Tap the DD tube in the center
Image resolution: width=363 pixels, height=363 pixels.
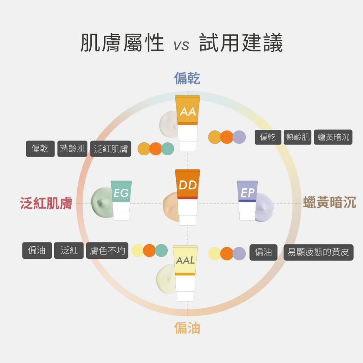188,193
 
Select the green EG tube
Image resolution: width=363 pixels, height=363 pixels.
121,199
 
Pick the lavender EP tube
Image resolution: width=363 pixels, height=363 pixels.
247,199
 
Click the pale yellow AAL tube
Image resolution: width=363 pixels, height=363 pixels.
185,271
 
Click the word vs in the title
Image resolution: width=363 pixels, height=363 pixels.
181,45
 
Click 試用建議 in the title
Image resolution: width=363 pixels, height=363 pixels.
241,43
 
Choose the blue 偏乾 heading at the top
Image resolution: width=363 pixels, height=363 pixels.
187,78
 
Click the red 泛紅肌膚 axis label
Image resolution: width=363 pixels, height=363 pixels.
46,203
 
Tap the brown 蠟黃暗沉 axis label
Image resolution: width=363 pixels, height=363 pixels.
330,203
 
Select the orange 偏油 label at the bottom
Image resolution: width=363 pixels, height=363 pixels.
187,328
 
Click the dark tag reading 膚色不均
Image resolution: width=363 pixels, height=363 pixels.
107,251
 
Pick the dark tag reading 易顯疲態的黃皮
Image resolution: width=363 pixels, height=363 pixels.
318,252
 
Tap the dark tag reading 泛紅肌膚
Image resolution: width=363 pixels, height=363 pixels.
111,149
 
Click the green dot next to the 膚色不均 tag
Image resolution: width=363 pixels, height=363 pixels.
161,250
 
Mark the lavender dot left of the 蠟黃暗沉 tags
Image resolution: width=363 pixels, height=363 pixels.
239,137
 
